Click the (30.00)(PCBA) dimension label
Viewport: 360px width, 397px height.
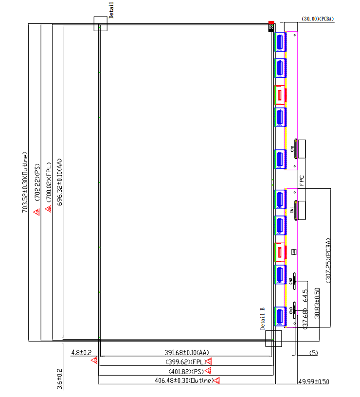click(x=318, y=19)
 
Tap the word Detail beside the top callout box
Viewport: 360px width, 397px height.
click(x=111, y=10)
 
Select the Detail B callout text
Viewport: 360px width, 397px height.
click(x=262, y=318)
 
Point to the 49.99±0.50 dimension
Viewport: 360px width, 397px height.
click(x=313, y=382)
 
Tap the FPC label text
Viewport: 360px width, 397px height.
click(x=302, y=181)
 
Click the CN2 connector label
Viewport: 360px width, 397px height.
click(x=291, y=282)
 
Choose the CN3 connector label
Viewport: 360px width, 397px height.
click(x=291, y=310)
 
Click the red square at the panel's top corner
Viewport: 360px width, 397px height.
click(x=271, y=22)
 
